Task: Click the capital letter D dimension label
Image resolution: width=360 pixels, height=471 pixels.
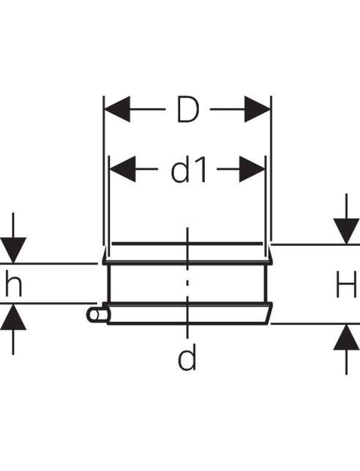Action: [188, 110]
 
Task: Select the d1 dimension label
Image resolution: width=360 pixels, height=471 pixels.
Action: [189, 170]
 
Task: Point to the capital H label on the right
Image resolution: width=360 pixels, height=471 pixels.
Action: [346, 285]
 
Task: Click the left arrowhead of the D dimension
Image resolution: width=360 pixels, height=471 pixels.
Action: [117, 109]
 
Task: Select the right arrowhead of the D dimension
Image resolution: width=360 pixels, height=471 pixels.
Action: [258, 109]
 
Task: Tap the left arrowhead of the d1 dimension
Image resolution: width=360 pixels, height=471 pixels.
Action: [122, 169]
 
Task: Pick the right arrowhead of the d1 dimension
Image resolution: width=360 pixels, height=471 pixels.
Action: [252, 169]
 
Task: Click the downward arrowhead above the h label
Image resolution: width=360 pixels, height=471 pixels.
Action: [13, 250]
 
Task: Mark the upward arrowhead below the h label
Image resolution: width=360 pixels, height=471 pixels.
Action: [13, 317]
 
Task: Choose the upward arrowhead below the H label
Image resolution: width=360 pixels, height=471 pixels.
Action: [346, 337]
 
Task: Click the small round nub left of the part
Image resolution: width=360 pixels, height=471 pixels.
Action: [95, 315]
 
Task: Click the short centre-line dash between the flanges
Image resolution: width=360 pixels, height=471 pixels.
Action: [187, 282]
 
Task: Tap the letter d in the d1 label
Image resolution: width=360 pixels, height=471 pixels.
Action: [180, 170]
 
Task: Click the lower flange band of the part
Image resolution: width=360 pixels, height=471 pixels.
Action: [190, 314]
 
